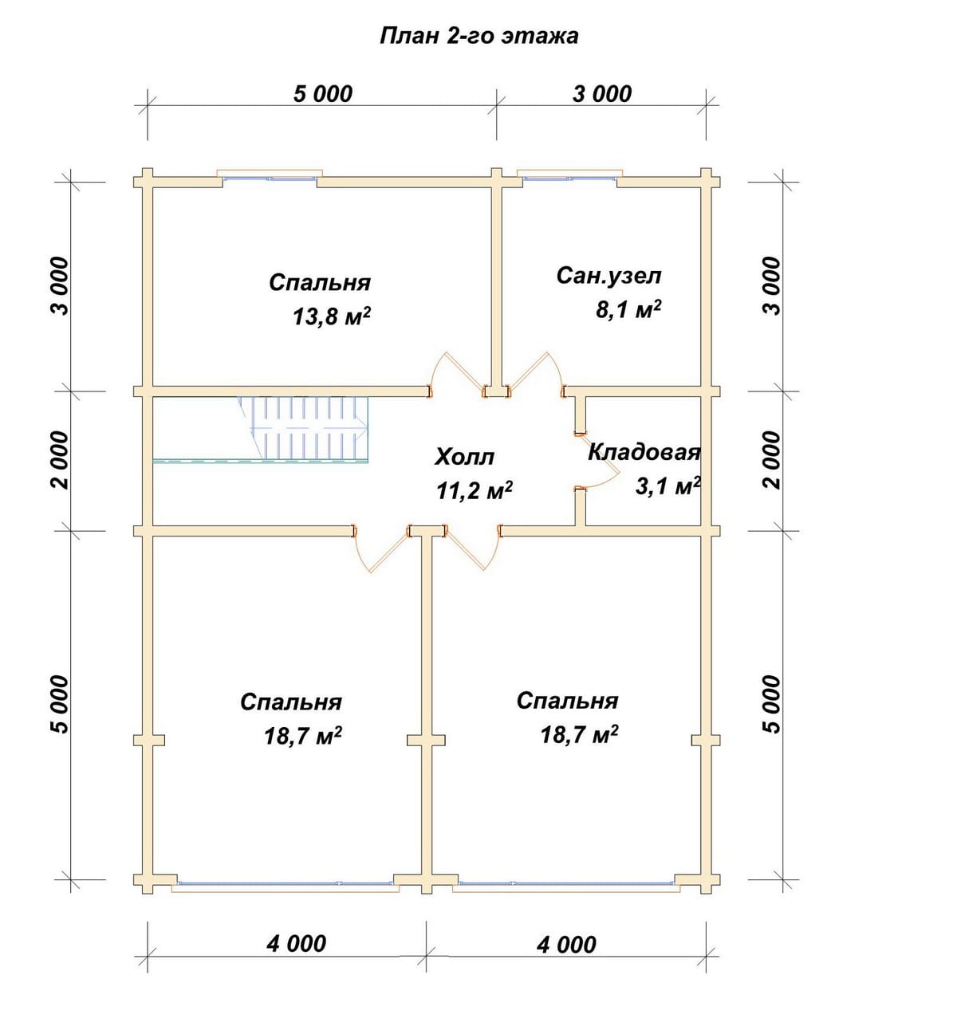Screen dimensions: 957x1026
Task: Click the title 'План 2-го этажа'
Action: [x=478, y=37]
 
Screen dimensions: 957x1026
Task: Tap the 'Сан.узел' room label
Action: [x=608, y=275]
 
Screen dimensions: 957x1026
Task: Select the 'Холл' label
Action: [x=464, y=457]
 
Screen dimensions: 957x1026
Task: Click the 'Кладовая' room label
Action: [x=644, y=452]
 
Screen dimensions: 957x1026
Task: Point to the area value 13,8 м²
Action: [x=332, y=316]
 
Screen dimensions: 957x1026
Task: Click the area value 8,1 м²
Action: [x=628, y=309]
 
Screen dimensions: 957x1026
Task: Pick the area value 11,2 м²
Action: [x=474, y=490]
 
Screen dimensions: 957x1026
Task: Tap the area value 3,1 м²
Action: [x=668, y=485]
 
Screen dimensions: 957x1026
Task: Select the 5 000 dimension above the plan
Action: [x=323, y=94]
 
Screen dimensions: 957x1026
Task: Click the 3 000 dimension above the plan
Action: [x=602, y=94]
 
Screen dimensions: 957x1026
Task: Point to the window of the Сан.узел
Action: [x=569, y=177]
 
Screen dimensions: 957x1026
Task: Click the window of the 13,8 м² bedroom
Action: [x=270, y=177]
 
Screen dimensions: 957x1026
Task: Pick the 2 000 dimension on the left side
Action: [x=60, y=460]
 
